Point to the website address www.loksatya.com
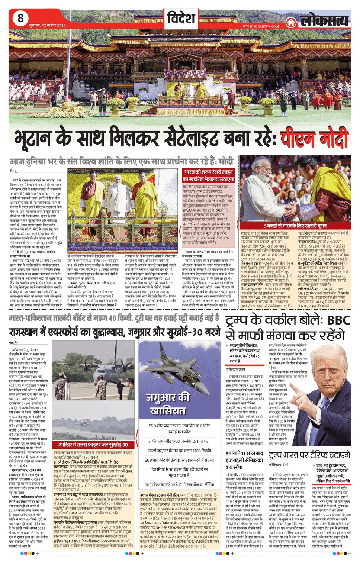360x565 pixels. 260,26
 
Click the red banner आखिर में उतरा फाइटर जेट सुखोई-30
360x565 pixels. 93,445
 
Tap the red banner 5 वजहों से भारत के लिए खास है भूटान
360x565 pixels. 295,226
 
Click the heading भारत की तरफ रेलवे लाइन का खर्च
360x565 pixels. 208,176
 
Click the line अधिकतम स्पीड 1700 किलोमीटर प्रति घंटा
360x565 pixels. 180,441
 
